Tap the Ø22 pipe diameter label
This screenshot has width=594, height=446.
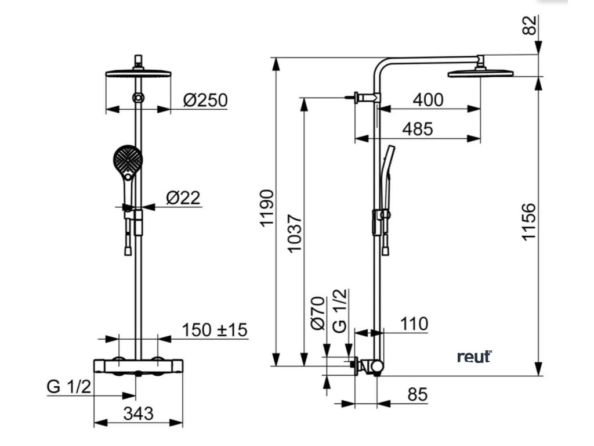click(x=183, y=199)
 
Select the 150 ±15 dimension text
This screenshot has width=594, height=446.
click(x=215, y=330)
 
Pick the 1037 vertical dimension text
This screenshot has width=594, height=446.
click(x=295, y=233)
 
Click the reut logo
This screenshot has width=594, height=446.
click(x=474, y=356)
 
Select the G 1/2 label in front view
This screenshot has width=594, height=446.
click(x=69, y=387)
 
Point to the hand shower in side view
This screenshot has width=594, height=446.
click(x=387, y=168)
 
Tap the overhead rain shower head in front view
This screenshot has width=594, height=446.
click(x=138, y=73)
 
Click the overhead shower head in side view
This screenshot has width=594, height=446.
click(x=480, y=73)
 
